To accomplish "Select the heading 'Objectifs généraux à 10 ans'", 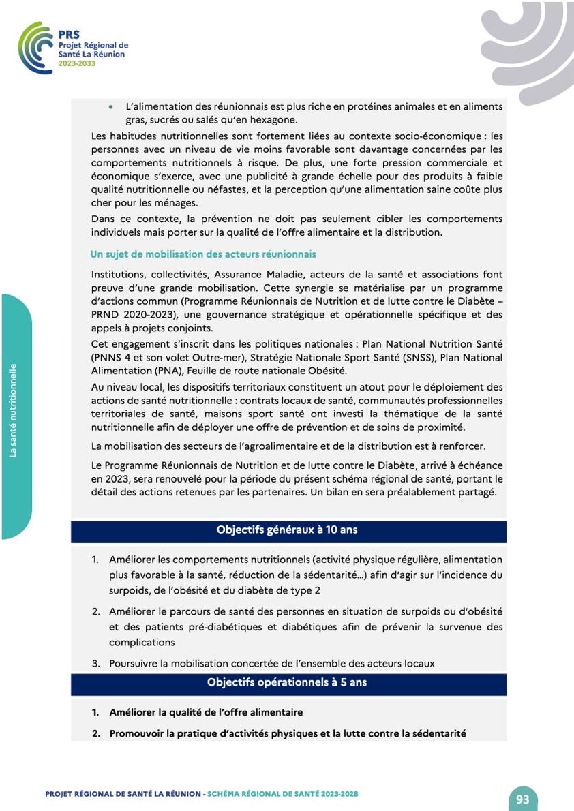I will click(x=287, y=530).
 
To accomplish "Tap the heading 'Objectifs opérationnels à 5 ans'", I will click(x=287, y=682).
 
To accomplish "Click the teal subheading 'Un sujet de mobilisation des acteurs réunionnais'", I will click(x=203, y=254).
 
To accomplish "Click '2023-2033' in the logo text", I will click(x=78, y=63).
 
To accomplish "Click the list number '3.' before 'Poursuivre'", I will click(x=96, y=663).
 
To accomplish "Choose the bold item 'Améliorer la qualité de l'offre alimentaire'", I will click(x=206, y=712).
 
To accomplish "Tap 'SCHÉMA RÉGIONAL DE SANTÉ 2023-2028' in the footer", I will click(x=283, y=794).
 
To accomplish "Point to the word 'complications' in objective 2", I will click(x=142, y=642).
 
